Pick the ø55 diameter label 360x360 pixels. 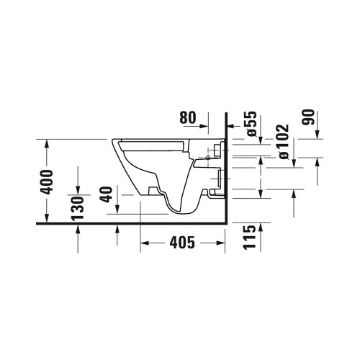(x=251, y=123)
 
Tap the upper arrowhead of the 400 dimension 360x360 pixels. (x=48, y=143)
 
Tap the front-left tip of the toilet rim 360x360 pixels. (x=112, y=138)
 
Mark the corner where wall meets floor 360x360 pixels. (x=225, y=224)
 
